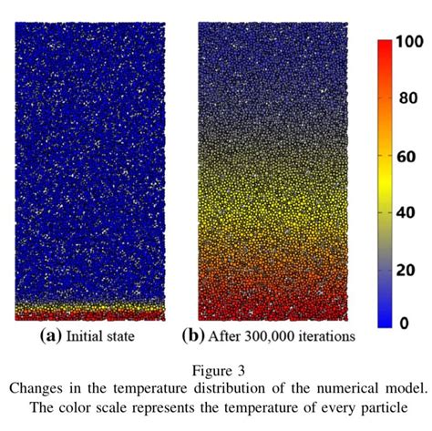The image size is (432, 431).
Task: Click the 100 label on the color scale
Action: point(407,43)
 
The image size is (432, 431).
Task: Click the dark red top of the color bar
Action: point(386,46)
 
